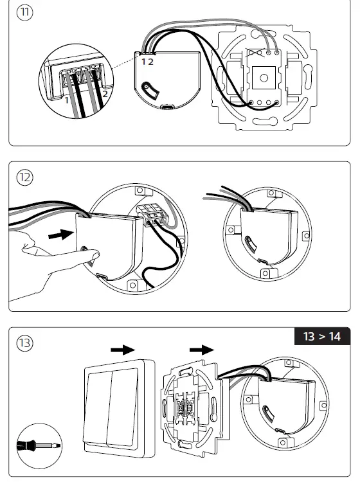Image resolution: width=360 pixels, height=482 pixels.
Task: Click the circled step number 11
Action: point(24,13)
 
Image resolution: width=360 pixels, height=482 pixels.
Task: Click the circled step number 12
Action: point(24,177)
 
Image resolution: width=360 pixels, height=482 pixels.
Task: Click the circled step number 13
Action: point(24,343)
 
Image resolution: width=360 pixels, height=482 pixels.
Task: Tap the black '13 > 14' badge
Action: point(322,336)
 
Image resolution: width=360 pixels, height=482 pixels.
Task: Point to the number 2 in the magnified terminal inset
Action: point(105,94)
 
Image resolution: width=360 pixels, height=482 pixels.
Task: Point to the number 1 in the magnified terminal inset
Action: point(67,100)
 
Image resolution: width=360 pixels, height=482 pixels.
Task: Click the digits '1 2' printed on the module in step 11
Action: point(147,62)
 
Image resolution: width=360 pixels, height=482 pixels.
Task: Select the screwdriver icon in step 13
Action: point(39,446)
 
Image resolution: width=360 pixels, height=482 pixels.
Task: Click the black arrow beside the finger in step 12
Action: point(61,235)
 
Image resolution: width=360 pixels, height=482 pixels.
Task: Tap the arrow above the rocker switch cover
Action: point(123,350)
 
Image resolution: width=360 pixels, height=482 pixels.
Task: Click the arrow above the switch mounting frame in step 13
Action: point(202,350)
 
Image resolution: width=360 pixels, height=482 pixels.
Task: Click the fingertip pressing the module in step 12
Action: point(94,255)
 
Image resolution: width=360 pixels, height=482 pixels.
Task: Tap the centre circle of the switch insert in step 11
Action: point(264,78)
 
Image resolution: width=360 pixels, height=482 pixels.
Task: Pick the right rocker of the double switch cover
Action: point(124,406)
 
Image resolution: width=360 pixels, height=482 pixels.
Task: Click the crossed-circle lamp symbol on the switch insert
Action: point(255,53)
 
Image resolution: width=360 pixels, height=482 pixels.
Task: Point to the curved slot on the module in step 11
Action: point(150,91)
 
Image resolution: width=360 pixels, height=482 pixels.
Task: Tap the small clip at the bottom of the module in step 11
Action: point(168,107)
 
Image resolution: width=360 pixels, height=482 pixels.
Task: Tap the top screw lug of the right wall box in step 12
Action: point(271,193)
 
